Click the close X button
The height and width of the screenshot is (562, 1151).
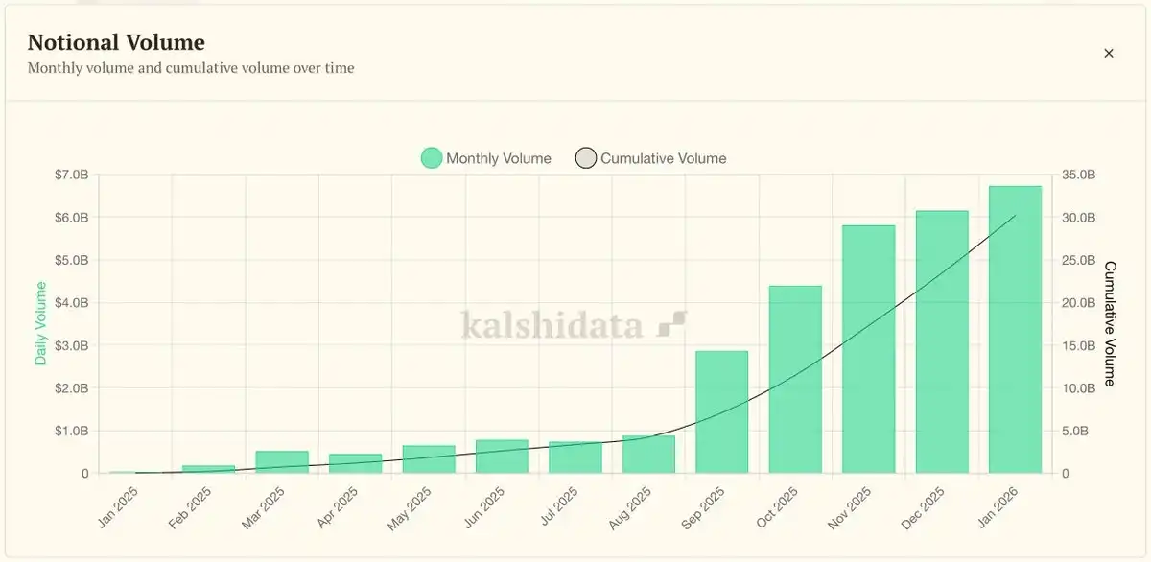click(x=1109, y=54)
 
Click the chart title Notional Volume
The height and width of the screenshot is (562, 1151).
click(x=116, y=42)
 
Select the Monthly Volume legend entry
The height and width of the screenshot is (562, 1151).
click(x=486, y=158)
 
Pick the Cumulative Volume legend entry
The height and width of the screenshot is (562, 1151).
click(x=651, y=158)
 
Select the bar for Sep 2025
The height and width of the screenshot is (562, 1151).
click(x=721, y=411)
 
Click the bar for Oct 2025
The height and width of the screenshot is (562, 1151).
click(x=795, y=379)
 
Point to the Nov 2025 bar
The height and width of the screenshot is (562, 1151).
click(x=868, y=349)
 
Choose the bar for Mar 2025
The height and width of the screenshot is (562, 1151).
click(x=282, y=462)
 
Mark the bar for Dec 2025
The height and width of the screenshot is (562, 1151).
click(x=942, y=341)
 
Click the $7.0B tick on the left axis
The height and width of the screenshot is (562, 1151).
click(x=72, y=175)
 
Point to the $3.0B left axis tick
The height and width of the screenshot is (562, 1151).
click(x=72, y=345)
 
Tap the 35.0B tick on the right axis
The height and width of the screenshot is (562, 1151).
click(x=1079, y=175)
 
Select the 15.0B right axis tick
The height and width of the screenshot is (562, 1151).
click(x=1079, y=345)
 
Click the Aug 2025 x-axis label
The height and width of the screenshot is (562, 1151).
click(x=630, y=507)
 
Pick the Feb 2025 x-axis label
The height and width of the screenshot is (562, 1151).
click(x=190, y=507)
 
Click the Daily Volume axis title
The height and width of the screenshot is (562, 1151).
click(x=41, y=323)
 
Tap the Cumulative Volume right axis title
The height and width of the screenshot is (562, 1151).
click(x=1111, y=323)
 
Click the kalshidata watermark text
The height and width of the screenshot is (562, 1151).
click(x=552, y=325)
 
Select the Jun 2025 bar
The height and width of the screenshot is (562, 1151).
click(x=502, y=457)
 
